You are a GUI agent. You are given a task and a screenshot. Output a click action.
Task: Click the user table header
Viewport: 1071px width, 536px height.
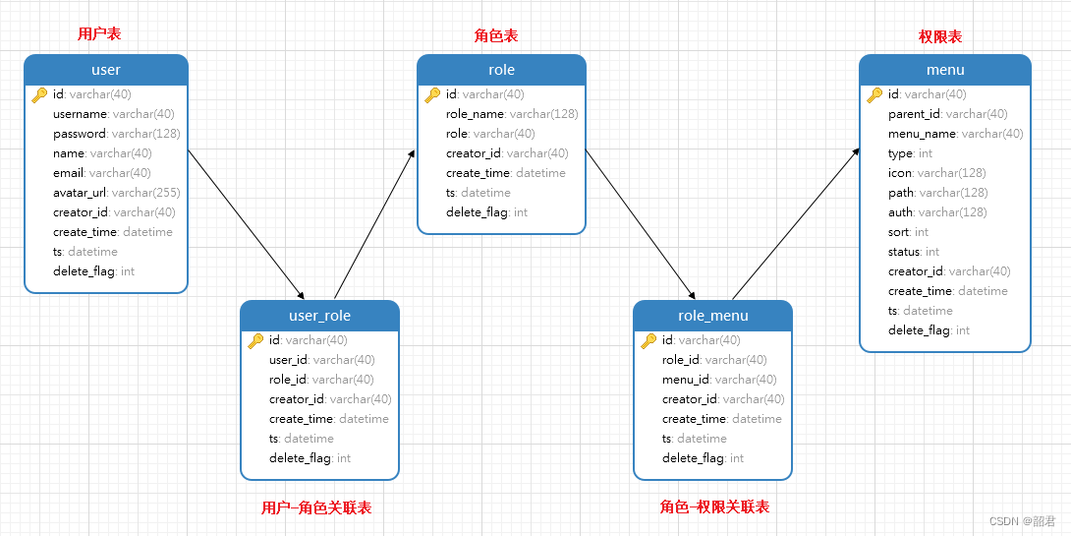105,70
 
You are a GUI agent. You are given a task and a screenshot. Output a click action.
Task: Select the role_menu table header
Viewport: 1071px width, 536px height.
712,316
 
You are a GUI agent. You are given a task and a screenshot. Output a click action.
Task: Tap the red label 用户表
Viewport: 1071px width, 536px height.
99,34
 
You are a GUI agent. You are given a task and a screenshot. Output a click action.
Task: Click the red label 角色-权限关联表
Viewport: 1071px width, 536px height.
714,507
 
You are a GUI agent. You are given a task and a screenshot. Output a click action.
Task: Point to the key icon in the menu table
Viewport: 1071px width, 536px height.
874,95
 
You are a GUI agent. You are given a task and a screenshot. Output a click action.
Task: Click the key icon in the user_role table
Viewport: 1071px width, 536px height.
255,341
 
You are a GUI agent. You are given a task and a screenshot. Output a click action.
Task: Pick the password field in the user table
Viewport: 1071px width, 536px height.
116,134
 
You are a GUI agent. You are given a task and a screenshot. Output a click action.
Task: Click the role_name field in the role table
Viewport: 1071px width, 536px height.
511,114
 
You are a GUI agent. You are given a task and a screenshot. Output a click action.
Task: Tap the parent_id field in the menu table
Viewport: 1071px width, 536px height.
947,114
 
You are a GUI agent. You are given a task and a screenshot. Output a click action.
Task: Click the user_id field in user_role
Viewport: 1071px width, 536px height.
321,360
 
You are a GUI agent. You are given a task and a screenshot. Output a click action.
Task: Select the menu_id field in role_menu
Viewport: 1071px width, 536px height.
718,380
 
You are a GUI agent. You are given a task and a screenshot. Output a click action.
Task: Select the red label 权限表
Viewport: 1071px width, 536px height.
940,36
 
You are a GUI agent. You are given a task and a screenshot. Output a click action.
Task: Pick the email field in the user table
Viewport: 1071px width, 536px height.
101,173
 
